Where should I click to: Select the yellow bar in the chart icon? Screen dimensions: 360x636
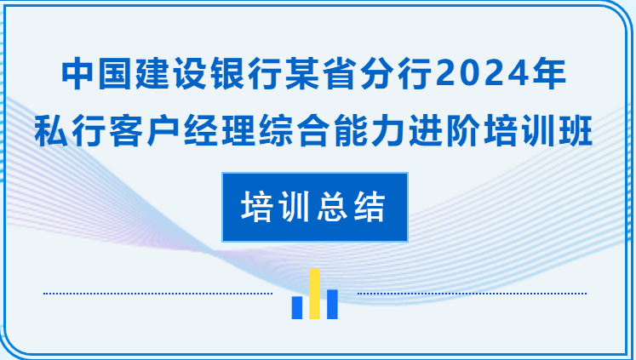coord(314,294)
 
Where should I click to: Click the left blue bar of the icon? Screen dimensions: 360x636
coord(297,307)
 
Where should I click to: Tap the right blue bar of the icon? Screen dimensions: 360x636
coord(332,304)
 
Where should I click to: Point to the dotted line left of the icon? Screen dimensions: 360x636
coord(158,294)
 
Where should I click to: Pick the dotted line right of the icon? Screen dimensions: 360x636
coord(472,294)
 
